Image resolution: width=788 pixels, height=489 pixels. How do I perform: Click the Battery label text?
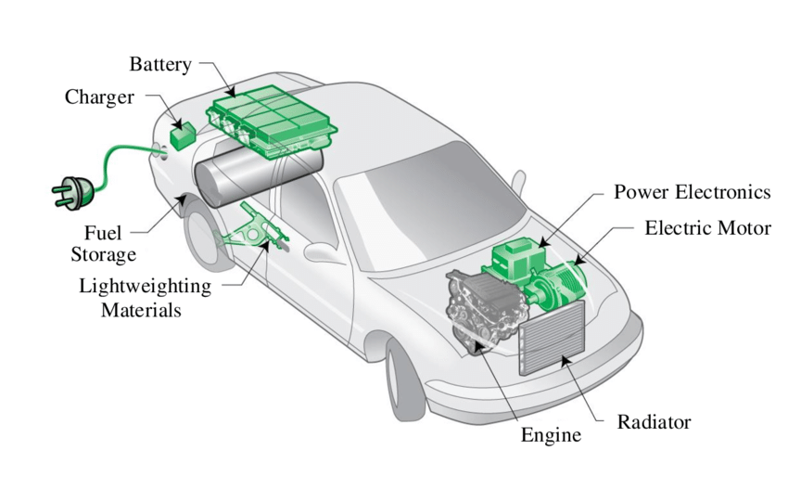(159, 65)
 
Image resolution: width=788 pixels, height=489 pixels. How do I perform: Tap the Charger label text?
(99, 97)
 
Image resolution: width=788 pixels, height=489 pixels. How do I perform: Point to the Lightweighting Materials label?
(145, 298)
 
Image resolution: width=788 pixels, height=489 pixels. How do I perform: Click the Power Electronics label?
(692, 193)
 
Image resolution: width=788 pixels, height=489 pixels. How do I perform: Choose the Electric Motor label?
(707, 227)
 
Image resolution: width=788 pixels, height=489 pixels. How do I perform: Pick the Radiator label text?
(654, 423)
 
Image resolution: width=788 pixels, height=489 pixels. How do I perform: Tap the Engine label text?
(551, 435)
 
